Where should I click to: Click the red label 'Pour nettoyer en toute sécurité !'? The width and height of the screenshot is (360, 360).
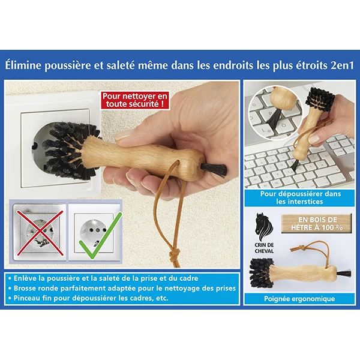coord(135,100)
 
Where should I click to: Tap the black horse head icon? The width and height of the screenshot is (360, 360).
coord(264,227)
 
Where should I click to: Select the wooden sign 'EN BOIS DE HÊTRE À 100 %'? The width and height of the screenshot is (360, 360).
coord(317,224)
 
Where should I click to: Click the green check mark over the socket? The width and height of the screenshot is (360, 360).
coord(100,236)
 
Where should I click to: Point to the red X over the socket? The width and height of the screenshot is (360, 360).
coord(40,233)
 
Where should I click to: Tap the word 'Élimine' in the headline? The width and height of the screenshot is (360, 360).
coord(23,65)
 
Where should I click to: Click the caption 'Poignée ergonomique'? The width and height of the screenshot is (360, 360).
coord(299,299)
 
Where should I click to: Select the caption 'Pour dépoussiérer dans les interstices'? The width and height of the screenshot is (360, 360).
coord(301,197)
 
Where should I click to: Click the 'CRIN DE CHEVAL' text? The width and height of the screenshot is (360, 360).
coord(264,248)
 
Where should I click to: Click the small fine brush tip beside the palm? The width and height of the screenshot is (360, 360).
coord(214,170)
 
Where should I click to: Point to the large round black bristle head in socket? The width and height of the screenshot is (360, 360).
coord(69,151)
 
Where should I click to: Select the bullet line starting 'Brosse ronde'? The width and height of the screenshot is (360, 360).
coord(122,288)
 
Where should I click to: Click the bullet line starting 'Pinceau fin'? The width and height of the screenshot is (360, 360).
coord(88,298)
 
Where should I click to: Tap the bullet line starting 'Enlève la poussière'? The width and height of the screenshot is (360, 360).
coord(103,278)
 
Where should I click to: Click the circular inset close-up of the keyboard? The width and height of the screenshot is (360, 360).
coord(275,113)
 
